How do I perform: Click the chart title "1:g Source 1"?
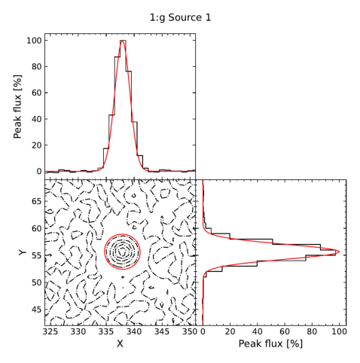(180, 18)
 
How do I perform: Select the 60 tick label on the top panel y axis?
(37, 93)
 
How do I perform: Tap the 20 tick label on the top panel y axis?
(37, 145)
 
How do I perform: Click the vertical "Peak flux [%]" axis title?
(17, 106)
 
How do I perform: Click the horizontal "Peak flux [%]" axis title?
(270, 343)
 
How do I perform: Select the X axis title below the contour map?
(120, 344)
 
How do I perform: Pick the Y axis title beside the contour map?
(23, 252)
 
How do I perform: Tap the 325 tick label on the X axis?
(50, 331)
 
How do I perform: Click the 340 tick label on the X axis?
(134, 331)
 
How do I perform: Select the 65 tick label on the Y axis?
(37, 201)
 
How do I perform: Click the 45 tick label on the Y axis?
(37, 310)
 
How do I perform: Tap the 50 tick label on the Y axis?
(37, 282)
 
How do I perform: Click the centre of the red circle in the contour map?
(122, 252)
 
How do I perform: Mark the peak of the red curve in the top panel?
(122, 41)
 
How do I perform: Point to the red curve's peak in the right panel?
(340, 252)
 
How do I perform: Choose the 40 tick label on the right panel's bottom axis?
(258, 331)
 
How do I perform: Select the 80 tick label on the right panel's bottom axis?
(312, 331)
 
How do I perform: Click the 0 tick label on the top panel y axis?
(39, 172)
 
